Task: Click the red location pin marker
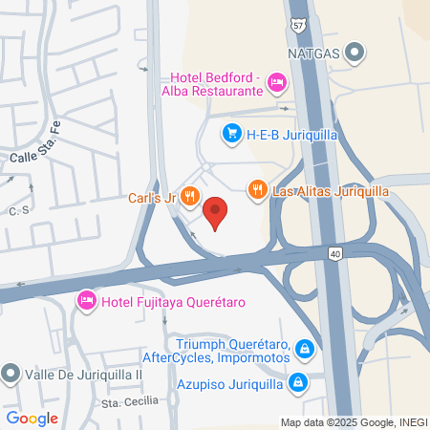[216, 213]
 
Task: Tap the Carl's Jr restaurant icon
[191, 197]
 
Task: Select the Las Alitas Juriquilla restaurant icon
[257, 190]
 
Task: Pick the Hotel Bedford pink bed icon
[276, 83]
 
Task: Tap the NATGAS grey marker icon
[355, 53]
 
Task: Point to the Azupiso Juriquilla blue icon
[297, 383]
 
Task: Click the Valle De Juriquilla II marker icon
[11, 374]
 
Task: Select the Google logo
[32, 418]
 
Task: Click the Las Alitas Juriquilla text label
[331, 190]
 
